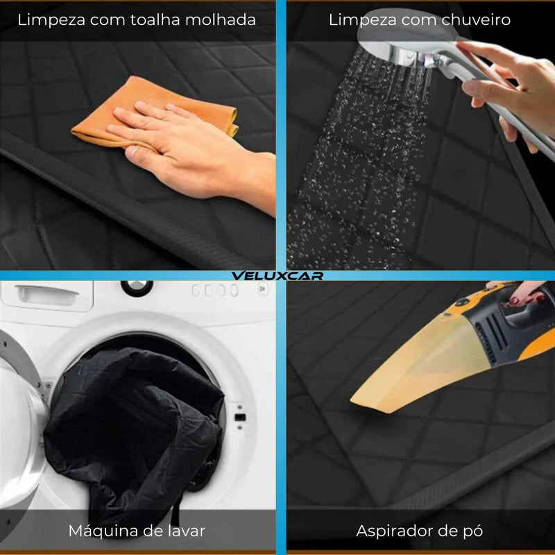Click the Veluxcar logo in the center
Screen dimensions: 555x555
coord(277,275)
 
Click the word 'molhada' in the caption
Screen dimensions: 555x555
coord(221,20)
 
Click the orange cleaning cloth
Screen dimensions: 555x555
coord(155,106)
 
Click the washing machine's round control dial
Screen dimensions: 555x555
coord(137,287)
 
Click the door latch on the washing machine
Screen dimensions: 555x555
coord(240,418)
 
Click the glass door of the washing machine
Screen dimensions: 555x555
coord(18,436)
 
